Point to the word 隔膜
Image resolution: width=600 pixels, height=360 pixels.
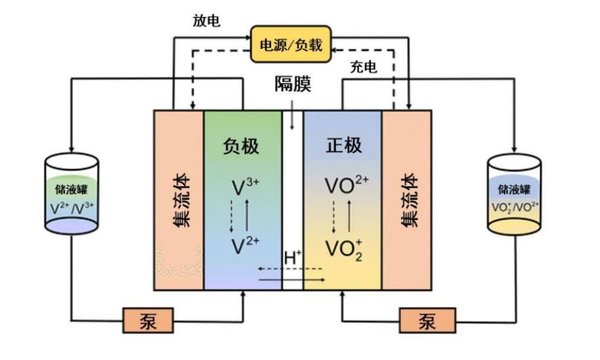tap(293, 85)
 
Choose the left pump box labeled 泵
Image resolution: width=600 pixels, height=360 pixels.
tap(148, 319)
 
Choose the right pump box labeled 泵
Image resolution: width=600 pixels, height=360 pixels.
tap(426, 319)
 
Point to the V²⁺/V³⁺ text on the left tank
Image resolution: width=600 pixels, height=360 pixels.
tap(72, 209)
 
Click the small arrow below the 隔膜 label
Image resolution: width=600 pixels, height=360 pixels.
tap(293, 120)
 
